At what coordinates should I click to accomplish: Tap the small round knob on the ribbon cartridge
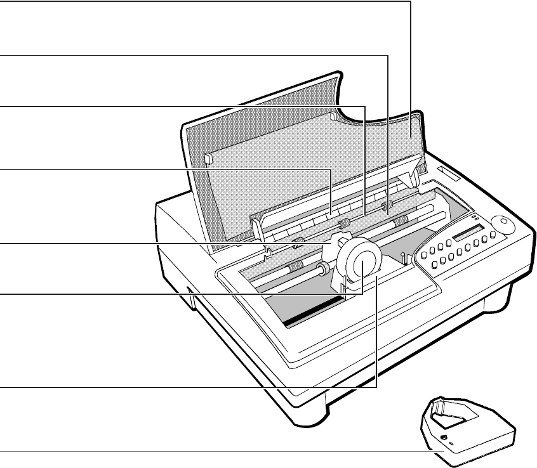[x=443, y=438]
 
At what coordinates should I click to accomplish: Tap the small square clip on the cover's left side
[x=209, y=159]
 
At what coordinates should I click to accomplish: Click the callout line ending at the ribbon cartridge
[x=190, y=452]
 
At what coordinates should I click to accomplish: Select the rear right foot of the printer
[x=494, y=304]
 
